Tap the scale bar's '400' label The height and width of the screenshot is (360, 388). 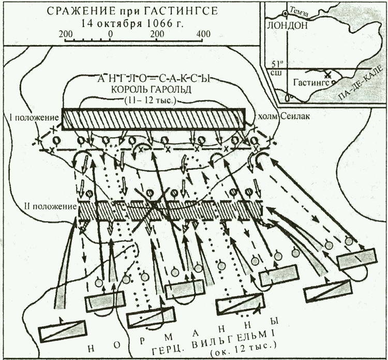click(203, 34)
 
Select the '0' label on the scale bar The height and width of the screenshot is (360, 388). click(111, 34)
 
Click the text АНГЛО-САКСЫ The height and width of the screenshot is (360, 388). click(156, 79)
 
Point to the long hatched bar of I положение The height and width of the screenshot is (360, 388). click(153, 119)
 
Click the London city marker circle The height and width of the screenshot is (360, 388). click(285, 13)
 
